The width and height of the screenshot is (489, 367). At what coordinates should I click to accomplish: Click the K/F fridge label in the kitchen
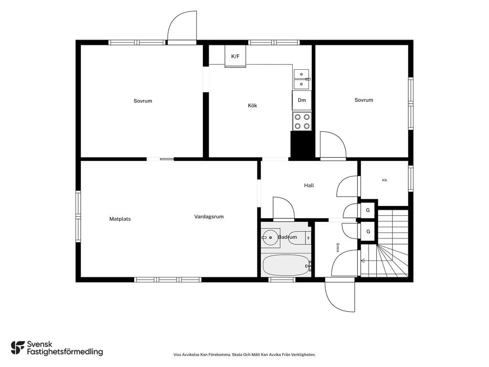pyautogui.click(x=235, y=56)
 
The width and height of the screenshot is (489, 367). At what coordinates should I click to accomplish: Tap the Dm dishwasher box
pyautogui.click(x=302, y=100)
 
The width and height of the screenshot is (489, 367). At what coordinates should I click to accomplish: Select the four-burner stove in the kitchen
pyautogui.click(x=302, y=121)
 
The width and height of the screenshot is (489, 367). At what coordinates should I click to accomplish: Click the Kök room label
pyautogui.click(x=252, y=106)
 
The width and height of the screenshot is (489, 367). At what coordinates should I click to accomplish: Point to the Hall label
pyautogui.click(x=309, y=185)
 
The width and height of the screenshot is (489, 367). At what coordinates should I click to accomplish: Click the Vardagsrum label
pyautogui.click(x=209, y=216)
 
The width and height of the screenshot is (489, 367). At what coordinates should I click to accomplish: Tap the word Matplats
pyautogui.click(x=120, y=219)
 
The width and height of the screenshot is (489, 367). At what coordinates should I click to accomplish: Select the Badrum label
pyautogui.click(x=287, y=237)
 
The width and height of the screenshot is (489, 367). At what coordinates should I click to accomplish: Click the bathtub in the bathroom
pyautogui.click(x=286, y=265)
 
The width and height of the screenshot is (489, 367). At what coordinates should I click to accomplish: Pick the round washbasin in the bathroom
pyautogui.click(x=270, y=237)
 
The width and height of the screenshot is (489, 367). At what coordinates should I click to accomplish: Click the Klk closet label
pyautogui.click(x=384, y=180)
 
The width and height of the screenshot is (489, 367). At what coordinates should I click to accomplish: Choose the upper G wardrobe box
pyautogui.click(x=368, y=210)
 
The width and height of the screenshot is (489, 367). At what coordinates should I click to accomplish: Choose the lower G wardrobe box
pyautogui.click(x=368, y=232)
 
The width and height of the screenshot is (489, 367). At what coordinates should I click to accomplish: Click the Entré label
pyautogui.click(x=338, y=248)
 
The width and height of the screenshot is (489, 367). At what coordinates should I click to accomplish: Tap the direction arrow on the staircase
pyautogui.click(x=369, y=260)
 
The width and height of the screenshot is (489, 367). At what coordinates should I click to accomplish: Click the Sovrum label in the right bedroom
pyautogui.click(x=363, y=100)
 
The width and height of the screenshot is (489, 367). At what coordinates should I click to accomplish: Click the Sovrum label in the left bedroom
pyautogui.click(x=143, y=101)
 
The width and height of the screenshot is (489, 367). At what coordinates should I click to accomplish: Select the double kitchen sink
pyautogui.click(x=302, y=79)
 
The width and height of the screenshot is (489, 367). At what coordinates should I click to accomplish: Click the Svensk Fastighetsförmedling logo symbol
pyautogui.click(x=18, y=348)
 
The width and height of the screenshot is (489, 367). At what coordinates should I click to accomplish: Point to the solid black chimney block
pyautogui.click(x=302, y=144)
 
